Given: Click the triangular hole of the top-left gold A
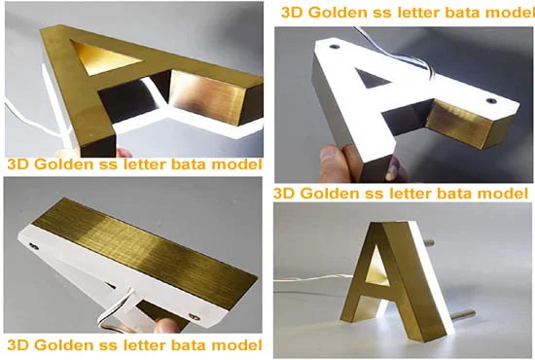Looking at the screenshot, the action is pyautogui.click(x=102, y=56).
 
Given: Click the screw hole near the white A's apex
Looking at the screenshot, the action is pyautogui.click(x=334, y=46).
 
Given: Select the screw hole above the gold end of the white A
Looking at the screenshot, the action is pyautogui.click(x=491, y=101).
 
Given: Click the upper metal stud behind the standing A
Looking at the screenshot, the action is pyautogui.click(x=429, y=243).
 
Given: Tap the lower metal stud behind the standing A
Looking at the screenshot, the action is pyautogui.click(x=465, y=312).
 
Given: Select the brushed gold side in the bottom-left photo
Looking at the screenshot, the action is pyautogui.click(x=153, y=250).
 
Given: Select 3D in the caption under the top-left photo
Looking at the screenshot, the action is pyautogui.click(x=18, y=164).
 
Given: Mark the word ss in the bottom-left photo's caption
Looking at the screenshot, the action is pyautogui.click(x=108, y=345).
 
